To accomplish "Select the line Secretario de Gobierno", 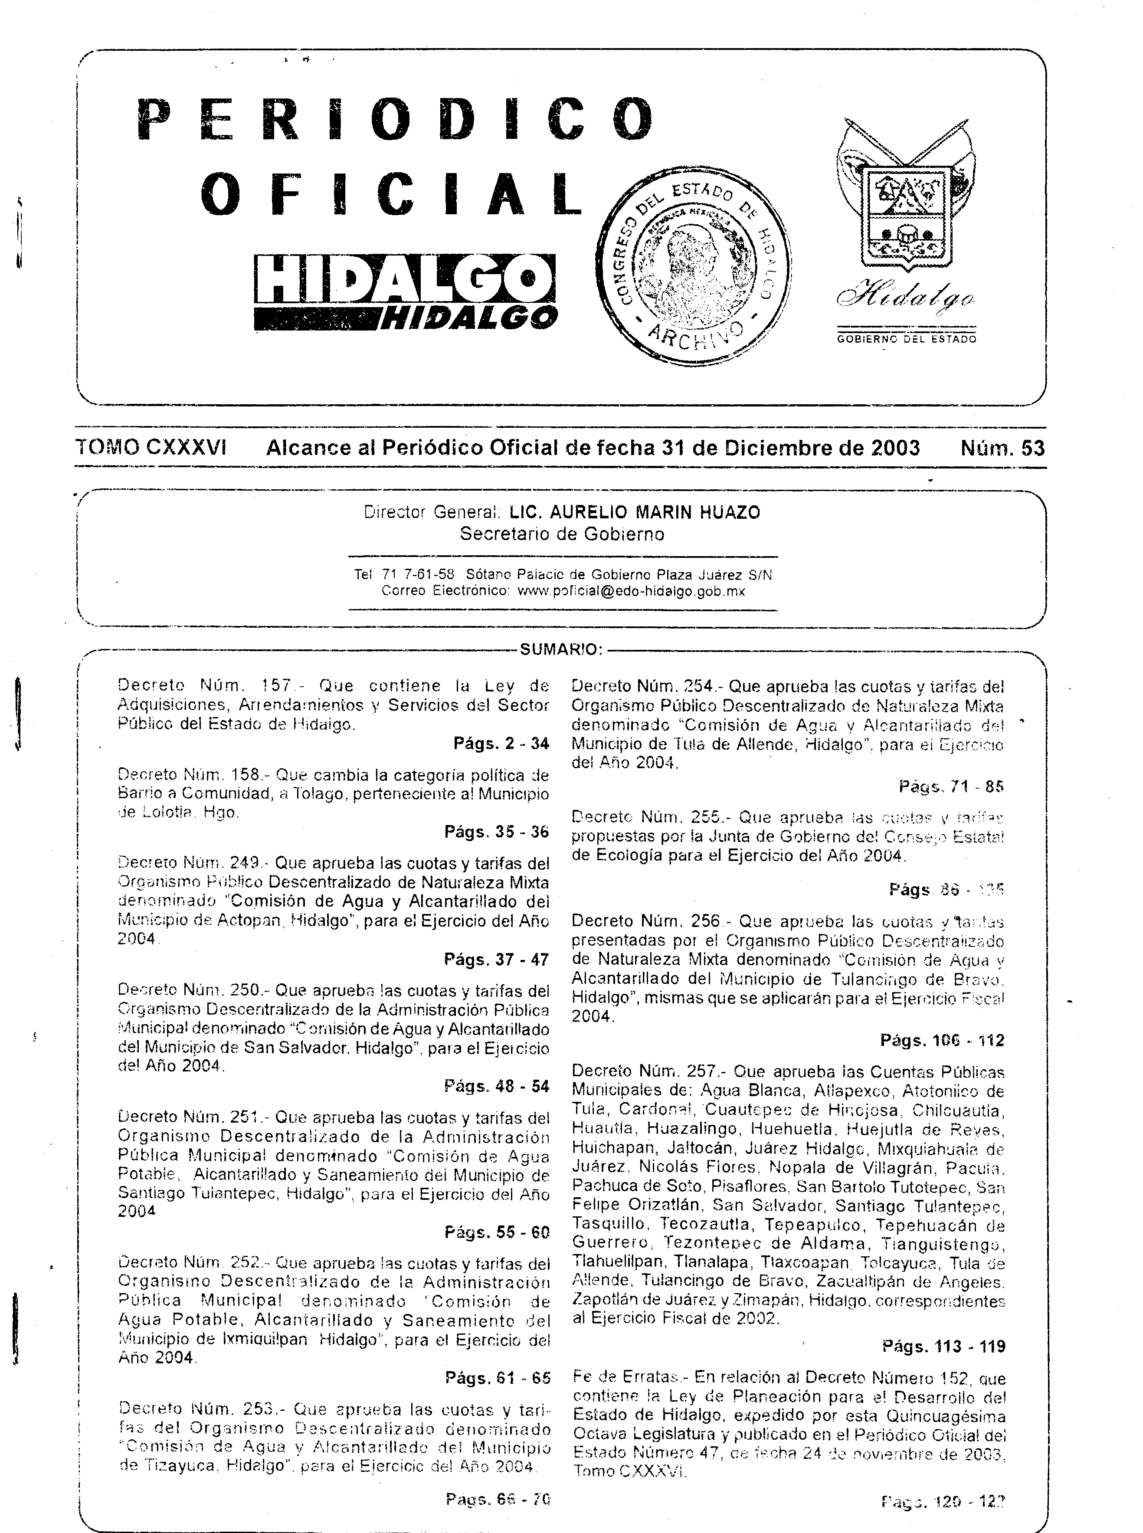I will pos(562,534).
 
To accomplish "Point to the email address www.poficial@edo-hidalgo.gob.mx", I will pos(631,592).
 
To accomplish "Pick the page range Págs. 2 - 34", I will pos(501,744).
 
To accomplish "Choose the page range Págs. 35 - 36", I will pos(497,832).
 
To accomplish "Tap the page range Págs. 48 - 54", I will pos(497,1086).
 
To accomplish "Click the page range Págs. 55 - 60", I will pos(497,1232).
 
